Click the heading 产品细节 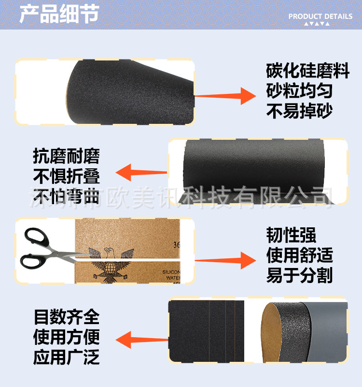(x=59, y=14)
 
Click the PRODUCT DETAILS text (x=320, y=16)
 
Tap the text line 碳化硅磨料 (x=307, y=71)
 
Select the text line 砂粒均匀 (x=299, y=91)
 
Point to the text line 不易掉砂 (x=299, y=112)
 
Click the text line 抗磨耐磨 (x=66, y=156)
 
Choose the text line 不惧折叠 (x=66, y=175)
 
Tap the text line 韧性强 (x=291, y=235)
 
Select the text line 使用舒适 (x=299, y=255)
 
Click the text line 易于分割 (x=299, y=276)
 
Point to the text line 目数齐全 (x=66, y=317)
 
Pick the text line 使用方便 (x=66, y=337)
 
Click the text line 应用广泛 (x=66, y=357)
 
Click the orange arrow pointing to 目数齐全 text (x=140, y=339)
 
